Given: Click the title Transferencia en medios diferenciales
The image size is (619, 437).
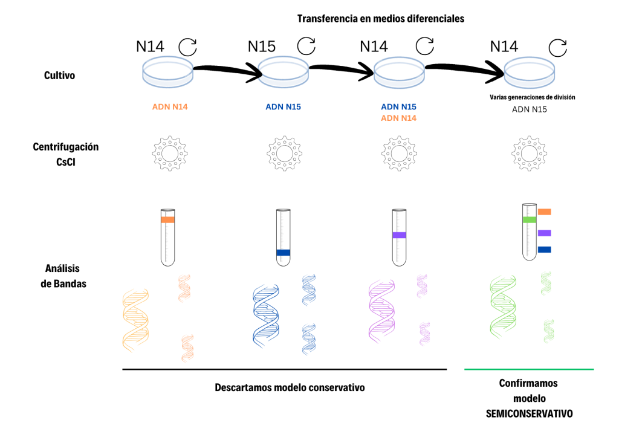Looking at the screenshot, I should pos(381,19).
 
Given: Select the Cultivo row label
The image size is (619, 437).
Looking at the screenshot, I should pos(60,76).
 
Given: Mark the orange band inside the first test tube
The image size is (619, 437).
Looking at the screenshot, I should pos(168,220).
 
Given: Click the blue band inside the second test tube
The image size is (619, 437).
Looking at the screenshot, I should pos(283,253).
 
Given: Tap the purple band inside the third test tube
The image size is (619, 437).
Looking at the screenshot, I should pos(398,235).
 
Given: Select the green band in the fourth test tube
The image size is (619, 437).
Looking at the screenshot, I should pos(530,219).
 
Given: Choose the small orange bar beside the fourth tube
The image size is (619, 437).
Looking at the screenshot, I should pos(544,212).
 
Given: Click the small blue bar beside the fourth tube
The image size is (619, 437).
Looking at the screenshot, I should pos(544,249).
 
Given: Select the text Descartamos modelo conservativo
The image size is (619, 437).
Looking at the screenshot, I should pos(290,387).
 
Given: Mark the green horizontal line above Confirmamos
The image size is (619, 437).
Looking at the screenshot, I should pos(529,369).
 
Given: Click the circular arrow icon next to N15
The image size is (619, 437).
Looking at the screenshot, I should pos(306,45).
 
